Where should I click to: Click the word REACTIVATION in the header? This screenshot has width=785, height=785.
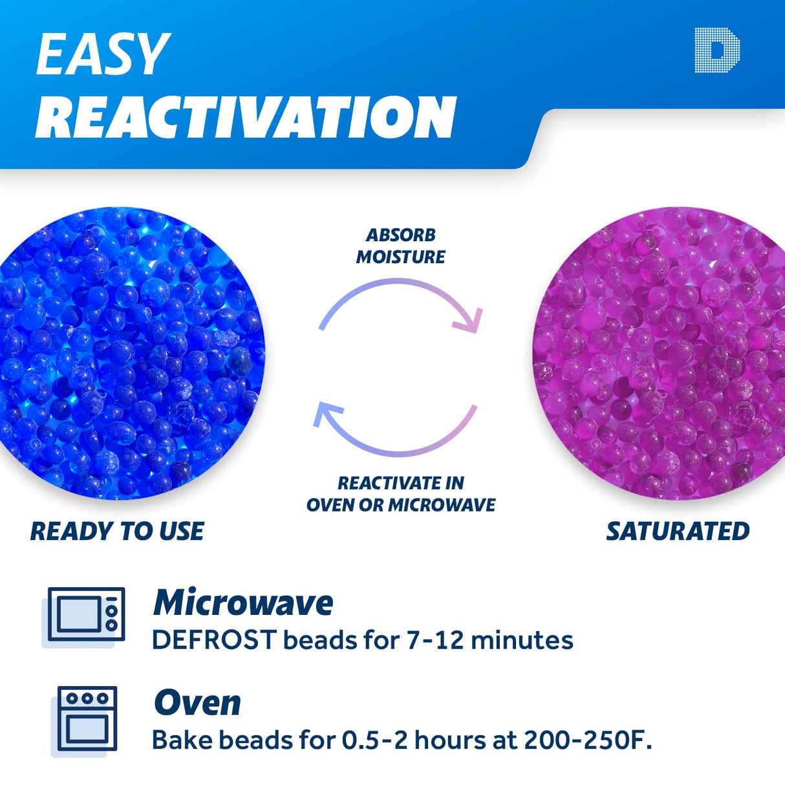[246, 117]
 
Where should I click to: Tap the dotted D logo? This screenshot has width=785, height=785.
[716, 50]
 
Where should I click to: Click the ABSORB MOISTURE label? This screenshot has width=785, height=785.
[400, 246]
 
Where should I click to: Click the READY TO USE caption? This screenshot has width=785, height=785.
[117, 532]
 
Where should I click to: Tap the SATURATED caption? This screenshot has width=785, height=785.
[677, 532]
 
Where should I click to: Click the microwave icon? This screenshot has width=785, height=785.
[85, 615]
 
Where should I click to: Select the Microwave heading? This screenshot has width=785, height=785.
[242, 603]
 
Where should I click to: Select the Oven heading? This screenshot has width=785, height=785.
[197, 703]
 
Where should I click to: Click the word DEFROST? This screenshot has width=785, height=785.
[214, 640]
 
